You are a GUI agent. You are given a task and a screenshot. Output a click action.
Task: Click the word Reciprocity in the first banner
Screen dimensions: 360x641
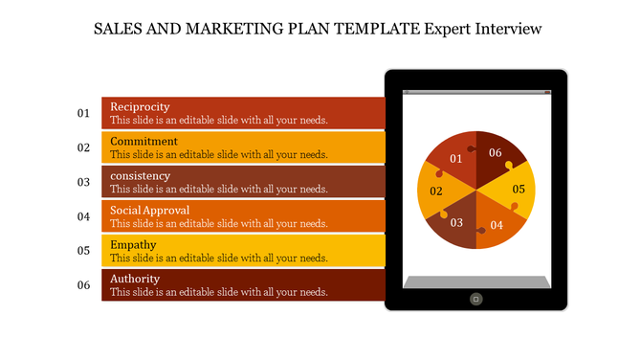[x=141, y=106]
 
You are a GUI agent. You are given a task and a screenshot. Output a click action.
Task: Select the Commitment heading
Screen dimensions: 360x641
[x=144, y=141]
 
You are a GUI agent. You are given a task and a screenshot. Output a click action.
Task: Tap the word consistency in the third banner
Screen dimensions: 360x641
[x=140, y=175]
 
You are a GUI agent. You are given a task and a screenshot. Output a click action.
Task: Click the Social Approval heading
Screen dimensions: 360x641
[x=149, y=210]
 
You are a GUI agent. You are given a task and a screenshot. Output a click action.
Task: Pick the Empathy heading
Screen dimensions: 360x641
[x=134, y=244]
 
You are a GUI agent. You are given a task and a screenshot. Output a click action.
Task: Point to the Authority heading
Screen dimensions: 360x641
[x=135, y=279]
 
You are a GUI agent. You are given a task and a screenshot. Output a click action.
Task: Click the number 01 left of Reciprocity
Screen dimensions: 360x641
[x=83, y=113]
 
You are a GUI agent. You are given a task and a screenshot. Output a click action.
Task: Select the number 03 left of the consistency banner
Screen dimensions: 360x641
[x=83, y=182]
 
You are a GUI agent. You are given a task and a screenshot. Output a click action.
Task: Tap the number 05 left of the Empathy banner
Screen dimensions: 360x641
[x=83, y=251]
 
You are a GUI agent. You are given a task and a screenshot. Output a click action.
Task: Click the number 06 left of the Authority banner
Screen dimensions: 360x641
[x=83, y=285]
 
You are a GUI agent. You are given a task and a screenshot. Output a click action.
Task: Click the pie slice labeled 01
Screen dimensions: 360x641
[x=453, y=156]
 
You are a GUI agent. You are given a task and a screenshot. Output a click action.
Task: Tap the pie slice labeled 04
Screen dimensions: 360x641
[x=496, y=226]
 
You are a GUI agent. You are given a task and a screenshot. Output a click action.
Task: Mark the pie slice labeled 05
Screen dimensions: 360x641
[x=517, y=190]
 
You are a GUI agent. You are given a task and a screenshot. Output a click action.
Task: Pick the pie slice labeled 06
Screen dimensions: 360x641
[x=497, y=153]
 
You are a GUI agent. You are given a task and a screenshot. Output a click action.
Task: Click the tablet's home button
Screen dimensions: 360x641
[x=475, y=299]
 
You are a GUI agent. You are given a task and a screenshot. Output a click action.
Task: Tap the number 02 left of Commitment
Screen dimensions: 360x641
[x=83, y=147]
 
